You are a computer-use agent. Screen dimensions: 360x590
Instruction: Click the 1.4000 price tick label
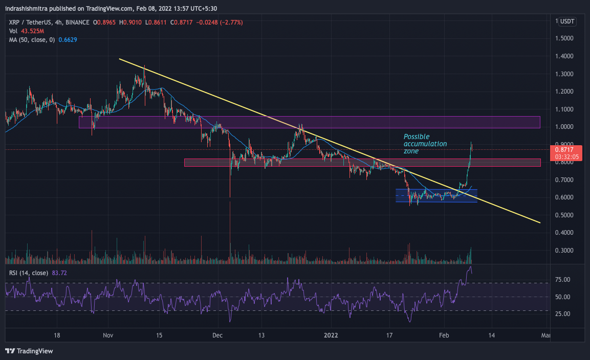tap(564, 56)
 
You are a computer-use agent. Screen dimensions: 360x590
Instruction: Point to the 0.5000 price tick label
tap(564, 215)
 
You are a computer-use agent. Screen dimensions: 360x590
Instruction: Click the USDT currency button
tap(567, 21)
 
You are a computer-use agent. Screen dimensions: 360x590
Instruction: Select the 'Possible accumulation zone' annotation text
tap(425, 144)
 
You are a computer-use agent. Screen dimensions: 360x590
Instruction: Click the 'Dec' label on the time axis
tap(218, 335)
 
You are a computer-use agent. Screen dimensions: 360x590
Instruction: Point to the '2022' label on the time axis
tap(331, 335)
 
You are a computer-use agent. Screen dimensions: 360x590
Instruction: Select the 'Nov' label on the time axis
tap(107, 335)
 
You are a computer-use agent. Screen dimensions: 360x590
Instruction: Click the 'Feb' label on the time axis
tap(444, 335)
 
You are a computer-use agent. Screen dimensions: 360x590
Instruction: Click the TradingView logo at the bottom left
tap(29, 351)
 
